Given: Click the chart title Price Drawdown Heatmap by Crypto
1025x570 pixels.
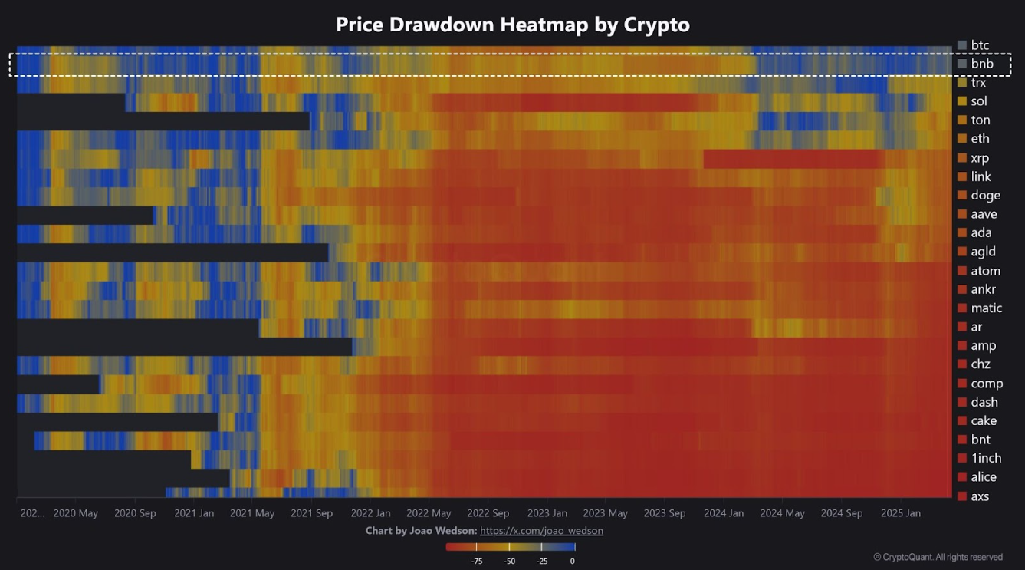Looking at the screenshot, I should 512,25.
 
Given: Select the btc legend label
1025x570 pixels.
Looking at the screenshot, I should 980,46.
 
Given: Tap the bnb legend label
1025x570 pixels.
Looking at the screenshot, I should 981,64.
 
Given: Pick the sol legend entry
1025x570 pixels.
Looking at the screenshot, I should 979,101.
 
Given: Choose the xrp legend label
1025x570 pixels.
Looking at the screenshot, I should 980,158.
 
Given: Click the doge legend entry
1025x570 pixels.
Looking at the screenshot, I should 985,196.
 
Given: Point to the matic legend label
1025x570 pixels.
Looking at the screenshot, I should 986,308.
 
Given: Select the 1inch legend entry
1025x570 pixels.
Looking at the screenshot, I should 986,458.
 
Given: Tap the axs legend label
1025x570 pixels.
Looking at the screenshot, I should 980,496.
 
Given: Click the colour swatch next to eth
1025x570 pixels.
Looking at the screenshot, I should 962,139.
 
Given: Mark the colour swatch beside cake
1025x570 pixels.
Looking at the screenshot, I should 962,421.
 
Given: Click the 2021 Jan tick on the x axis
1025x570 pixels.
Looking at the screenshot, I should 194,513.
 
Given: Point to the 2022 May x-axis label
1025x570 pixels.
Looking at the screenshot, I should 429,513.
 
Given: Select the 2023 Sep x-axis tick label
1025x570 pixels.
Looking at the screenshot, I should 665,513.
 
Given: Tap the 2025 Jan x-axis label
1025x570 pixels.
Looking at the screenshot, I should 901,513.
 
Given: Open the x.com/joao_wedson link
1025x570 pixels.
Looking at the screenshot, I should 541,531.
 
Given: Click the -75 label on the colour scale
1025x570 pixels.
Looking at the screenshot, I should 477,561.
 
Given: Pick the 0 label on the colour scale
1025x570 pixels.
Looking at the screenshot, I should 573,561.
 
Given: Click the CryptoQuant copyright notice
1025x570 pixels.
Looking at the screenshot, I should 938,557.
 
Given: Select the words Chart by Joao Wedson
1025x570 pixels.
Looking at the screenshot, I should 421,531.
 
